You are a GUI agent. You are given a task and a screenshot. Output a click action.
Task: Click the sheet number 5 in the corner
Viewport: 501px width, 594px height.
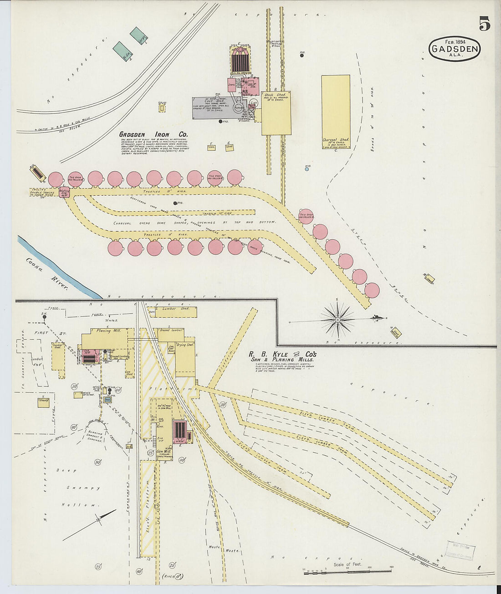click(484, 24)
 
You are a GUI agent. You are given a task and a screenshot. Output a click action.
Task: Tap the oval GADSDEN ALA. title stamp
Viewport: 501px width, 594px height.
click(455, 49)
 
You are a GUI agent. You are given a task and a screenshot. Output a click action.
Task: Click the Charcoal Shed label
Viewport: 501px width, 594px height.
click(336, 140)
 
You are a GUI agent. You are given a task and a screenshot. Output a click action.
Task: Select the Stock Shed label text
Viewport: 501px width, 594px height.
click(275, 95)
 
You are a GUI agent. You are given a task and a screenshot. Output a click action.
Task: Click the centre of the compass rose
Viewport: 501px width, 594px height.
click(337, 320)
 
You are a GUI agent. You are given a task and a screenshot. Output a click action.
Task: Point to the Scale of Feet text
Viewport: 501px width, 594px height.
click(347, 564)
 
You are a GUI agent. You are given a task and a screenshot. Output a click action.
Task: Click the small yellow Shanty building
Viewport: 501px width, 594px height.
click(43, 402)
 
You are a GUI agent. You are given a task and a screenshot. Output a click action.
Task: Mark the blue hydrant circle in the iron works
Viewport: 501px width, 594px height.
click(307, 169)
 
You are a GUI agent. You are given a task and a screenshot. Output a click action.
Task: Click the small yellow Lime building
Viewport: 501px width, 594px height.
click(211, 147)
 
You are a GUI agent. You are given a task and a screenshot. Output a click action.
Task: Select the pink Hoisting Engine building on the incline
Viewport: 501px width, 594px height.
click(64, 193)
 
